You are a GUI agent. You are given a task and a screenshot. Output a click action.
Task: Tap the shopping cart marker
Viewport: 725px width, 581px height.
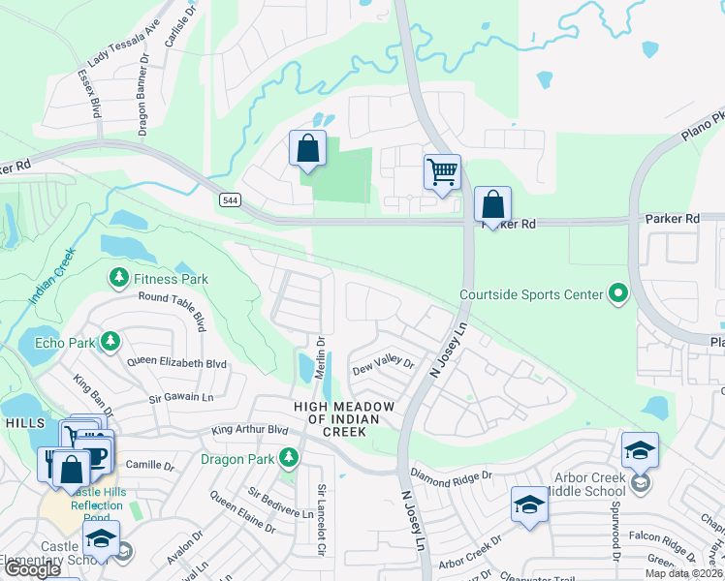click(x=442, y=172)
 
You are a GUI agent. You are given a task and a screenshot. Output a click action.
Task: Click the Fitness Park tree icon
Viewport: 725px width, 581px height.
click(x=119, y=279)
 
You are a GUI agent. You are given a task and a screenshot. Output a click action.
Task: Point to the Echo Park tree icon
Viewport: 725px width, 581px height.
click(x=111, y=342)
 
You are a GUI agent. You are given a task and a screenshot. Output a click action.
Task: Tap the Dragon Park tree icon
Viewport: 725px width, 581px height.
click(x=288, y=456)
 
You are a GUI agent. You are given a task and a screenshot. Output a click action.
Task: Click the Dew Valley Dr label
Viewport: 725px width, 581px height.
click(x=383, y=365)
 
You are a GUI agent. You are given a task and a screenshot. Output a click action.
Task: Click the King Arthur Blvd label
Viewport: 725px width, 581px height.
click(x=250, y=429)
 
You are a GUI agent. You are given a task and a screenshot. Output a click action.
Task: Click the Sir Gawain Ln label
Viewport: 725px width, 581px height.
click(x=180, y=397)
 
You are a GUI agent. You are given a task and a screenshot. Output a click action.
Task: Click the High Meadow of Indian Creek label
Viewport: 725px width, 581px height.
click(x=337, y=418)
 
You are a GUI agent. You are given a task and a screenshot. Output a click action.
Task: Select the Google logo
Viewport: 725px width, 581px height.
click(x=31, y=569)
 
